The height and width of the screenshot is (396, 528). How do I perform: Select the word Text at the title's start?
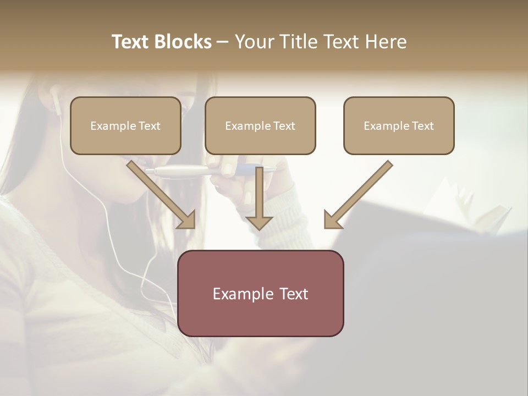[131, 42]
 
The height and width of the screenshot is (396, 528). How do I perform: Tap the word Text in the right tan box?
[422, 126]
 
